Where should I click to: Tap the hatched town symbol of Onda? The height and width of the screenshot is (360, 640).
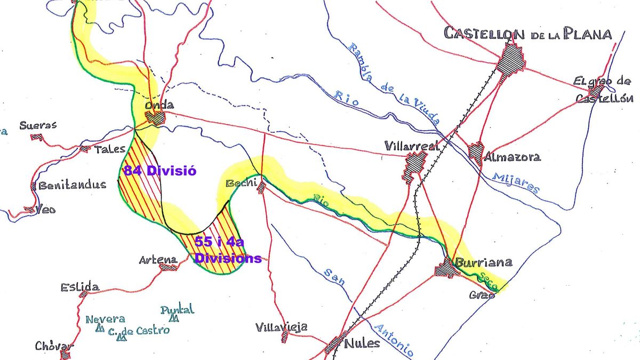point(156,118)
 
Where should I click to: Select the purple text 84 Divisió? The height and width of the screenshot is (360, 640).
point(160,171)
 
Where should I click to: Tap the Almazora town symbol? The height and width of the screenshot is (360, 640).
point(476,152)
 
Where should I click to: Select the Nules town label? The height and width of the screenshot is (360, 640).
point(363,342)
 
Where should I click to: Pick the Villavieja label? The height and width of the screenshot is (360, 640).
point(281,327)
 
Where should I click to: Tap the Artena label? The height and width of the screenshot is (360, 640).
point(158,260)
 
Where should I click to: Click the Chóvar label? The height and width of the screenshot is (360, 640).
point(53,346)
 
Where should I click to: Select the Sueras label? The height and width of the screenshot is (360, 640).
point(38,126)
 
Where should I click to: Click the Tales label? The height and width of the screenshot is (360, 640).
point(110,149)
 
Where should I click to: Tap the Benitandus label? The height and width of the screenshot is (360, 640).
point(72,185)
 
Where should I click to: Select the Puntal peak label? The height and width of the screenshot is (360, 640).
point(178,309)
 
